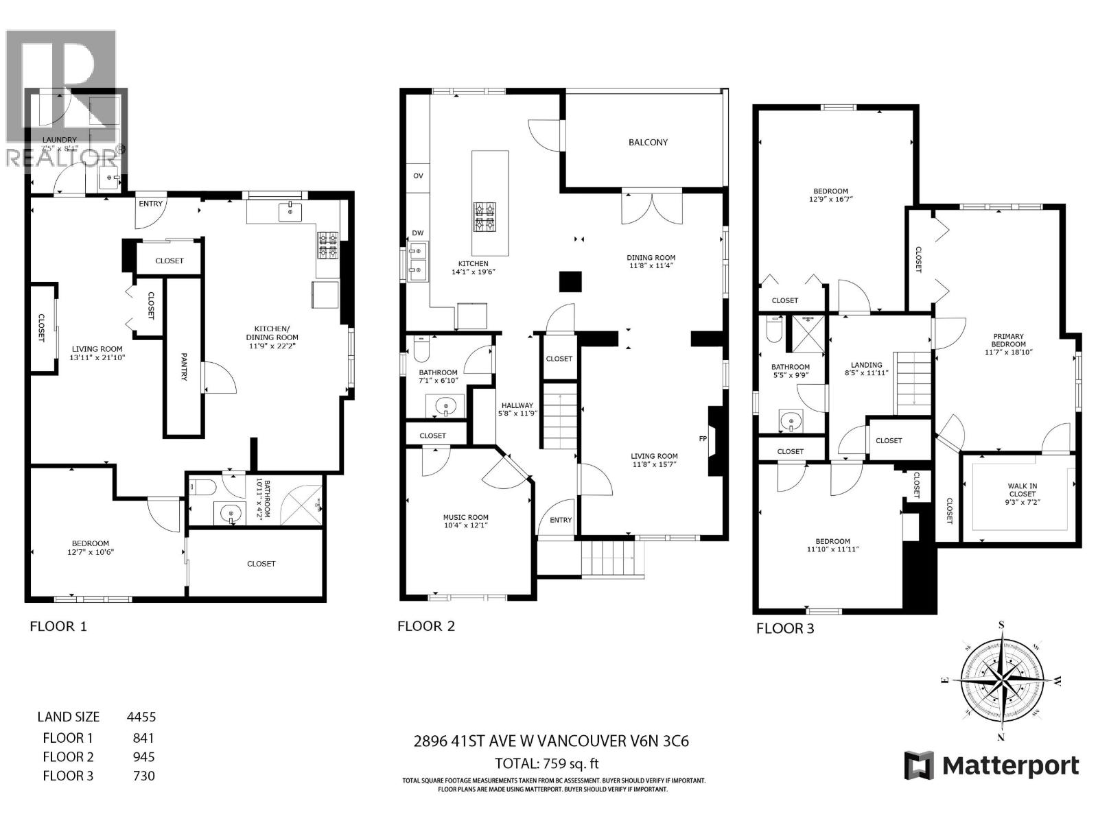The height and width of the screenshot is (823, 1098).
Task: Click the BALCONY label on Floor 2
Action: [x=648, y=143]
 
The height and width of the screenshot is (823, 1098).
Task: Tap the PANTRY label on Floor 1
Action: [x=184, y=367]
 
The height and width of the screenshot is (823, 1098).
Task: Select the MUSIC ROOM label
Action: [x=465, y=518]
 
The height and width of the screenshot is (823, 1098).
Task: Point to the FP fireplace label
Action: [x=703, y=438]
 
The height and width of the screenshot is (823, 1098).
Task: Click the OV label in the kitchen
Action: [x=418, y=176]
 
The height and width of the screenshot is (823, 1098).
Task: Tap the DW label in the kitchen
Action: [x=418, y=233]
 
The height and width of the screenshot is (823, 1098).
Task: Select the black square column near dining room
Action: [x=570, y=282]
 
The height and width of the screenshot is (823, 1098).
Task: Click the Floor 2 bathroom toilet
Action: [x=421, y=350]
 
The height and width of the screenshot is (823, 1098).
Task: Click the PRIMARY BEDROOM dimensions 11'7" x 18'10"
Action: [x=1008, y=352]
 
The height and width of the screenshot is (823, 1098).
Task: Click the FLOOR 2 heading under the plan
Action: [x=426, y=626]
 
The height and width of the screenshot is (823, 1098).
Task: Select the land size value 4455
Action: [x=141, y=717]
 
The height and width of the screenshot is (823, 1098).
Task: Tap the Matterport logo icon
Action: [x=919, y=765]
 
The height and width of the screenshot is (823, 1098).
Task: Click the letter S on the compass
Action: [x=1001, y=624]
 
